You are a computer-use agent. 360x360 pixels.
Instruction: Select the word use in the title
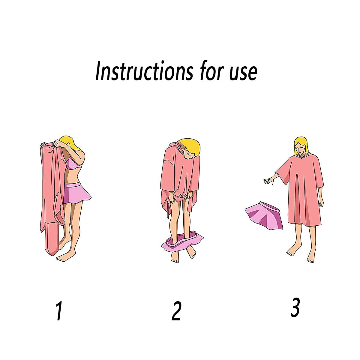243,72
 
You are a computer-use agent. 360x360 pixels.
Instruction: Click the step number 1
59,311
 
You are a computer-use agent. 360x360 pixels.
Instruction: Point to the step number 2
176,311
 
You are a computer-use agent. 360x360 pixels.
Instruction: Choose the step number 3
295,307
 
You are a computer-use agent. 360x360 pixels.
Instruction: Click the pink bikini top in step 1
73,164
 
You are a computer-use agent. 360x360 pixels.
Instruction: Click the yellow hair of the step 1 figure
70,141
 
